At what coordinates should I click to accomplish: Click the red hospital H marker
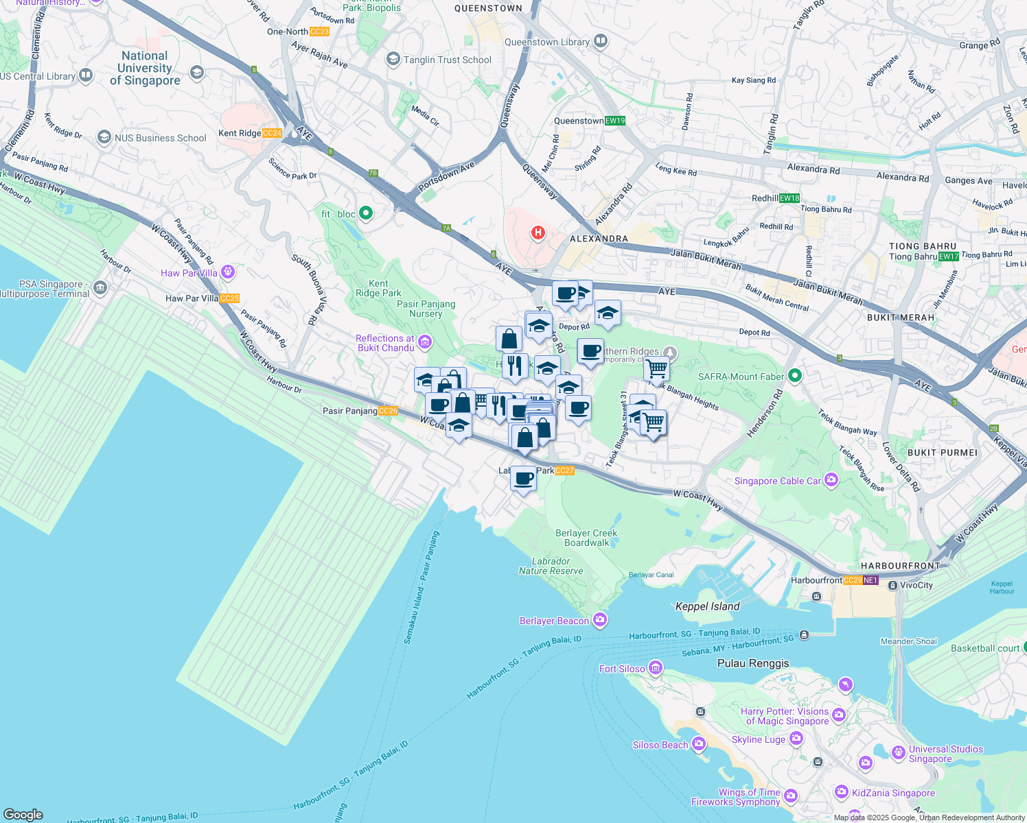[538, 233]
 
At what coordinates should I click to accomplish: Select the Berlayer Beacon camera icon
[600, 620]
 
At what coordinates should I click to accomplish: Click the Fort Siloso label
[622, 669]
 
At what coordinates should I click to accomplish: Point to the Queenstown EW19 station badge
[615, 121]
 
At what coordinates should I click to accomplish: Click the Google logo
[23, 814]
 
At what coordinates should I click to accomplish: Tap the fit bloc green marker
[366, 213]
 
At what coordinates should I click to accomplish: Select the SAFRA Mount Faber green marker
[795, 376]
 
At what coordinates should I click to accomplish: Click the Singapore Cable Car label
[777, 481]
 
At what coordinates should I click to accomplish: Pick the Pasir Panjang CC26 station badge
[388, 411]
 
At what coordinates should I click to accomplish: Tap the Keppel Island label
[707, 606]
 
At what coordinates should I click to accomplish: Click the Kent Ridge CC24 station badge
[272, 133]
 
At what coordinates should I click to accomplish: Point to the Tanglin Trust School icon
[393, 59]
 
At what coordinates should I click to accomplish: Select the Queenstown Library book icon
[601, 41]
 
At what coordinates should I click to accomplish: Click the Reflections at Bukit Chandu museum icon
[425, 342]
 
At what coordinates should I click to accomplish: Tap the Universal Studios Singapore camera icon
[898, 752]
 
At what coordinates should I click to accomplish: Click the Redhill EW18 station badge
[789, 198]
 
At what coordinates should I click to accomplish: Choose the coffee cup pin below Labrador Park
[523, 479]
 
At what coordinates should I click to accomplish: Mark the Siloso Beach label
[660, 745]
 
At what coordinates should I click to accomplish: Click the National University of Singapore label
[145, 68]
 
